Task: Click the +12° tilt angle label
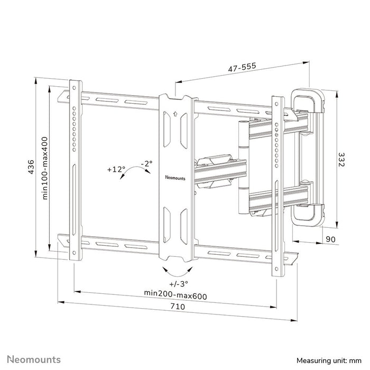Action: coord(115,170)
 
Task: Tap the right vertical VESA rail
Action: coord(275,185)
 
